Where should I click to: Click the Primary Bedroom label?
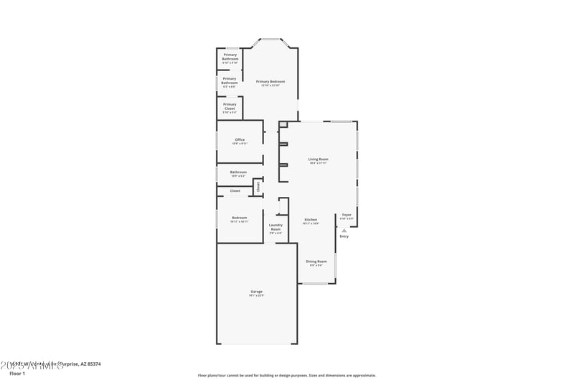pos(270,81)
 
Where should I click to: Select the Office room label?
pos(240,139)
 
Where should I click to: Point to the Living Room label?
pos(318,159)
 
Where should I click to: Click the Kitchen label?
pos(311,219)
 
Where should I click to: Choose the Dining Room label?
pos(316,261)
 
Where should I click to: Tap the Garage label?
pos(256,291)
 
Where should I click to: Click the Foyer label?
pos(347,215)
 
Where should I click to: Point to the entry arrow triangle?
pos(344,230)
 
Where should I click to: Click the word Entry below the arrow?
pos(344,236)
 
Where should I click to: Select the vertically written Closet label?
pos(258,186)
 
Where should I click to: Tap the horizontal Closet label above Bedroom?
pos(235,190)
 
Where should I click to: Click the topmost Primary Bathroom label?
pos(230,56)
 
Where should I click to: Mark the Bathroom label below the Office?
pos(238,172)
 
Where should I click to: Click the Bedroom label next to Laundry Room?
pos(239,218)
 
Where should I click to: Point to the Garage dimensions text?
pos(256,295)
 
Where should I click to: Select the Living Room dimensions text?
pos(318,163)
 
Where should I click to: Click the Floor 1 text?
pos(17,374)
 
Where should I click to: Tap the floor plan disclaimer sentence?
pos(286,375)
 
